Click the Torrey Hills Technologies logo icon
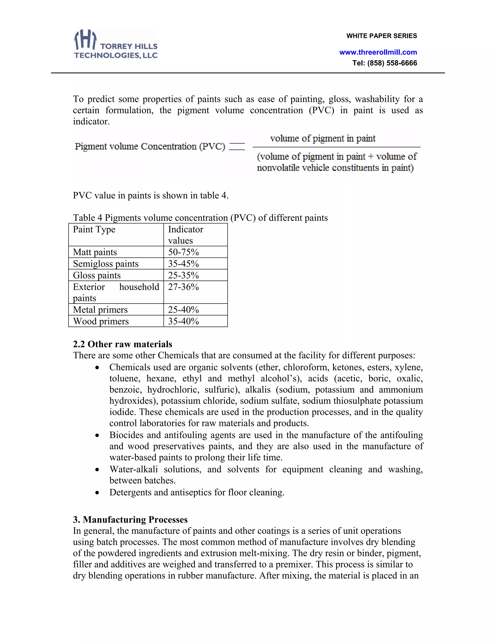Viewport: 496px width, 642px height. [85, 40]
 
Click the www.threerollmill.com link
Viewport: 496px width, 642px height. [378, 52]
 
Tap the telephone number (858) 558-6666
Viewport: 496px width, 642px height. [392, 63]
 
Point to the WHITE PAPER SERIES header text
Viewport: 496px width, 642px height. [381, 36]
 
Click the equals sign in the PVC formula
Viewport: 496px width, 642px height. [237, 146]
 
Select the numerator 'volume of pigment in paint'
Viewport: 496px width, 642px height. [323, 138]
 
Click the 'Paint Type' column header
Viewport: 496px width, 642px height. [94, 229]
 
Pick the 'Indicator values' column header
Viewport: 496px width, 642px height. [186, 235]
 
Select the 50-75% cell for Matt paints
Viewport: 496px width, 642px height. [183, 252]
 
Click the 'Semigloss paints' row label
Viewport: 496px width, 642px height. [106, 264]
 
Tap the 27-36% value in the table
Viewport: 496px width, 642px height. [183, 287]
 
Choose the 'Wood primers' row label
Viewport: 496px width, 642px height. [101, 321]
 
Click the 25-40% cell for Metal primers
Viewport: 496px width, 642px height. [183, 310]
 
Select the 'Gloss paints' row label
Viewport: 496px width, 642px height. [97, 275]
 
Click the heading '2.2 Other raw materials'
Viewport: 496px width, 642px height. [123, 344]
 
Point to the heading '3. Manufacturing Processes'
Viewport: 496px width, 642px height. [130, 519]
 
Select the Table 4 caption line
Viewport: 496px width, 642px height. [200, 218]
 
